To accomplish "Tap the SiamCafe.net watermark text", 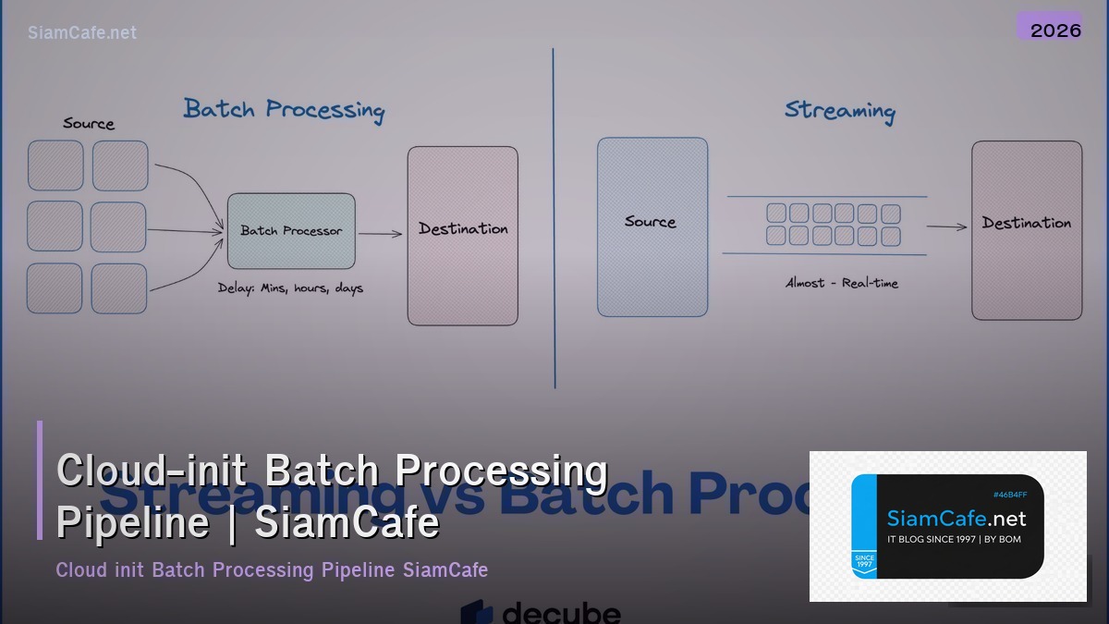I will pos(82,32).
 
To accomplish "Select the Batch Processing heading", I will pos(284,109).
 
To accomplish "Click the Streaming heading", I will pos(839,110).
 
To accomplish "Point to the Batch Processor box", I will pos(291,230).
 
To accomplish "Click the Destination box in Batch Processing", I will pos(463,236).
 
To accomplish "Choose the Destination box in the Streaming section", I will pos(1026,229).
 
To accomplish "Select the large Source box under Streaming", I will pos(652,226).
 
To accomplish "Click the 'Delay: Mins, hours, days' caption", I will pos(290,288).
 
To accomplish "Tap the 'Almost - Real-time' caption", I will pos(841,283).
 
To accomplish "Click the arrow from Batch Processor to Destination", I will pos(380,234).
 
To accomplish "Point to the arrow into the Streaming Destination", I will pos(946,226).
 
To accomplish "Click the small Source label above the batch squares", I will pos(89,123).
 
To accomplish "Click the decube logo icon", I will pos(477,613).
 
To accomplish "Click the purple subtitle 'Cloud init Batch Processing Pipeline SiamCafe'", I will pos(272,569).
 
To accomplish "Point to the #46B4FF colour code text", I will pos(1009,496).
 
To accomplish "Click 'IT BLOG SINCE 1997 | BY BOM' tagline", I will pos(954,539).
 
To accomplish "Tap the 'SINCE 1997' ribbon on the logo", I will pos(863,561).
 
